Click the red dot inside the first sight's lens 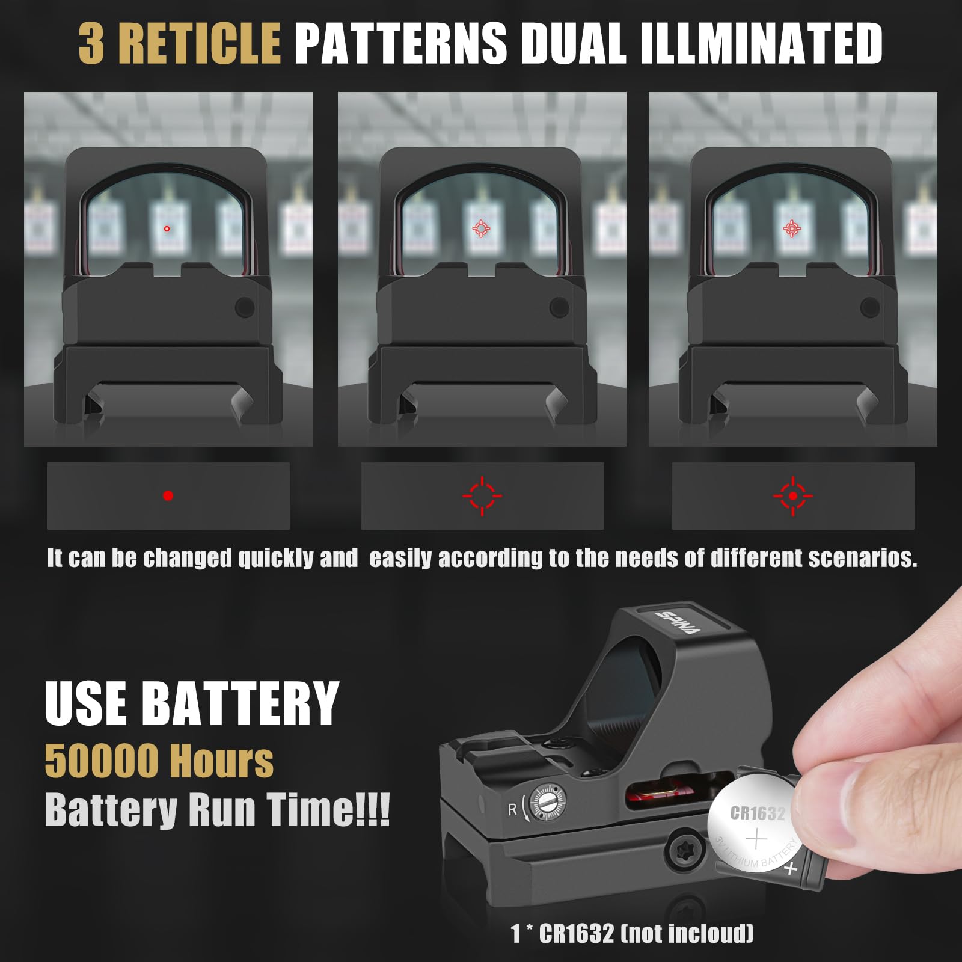click(x=167, y=228)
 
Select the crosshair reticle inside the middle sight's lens click(x=480, y=228)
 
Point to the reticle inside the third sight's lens click(x=792, y=228)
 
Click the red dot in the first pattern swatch click(x=168, y=495)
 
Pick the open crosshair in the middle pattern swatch click(x=482, y=496)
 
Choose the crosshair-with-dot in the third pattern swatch click(x=793, y=496)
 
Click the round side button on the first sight click(x=245, y=307)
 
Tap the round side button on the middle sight click(x=559, y=307)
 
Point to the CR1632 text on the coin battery click(x=758, y=813)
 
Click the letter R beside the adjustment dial click(x=513, y=810)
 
